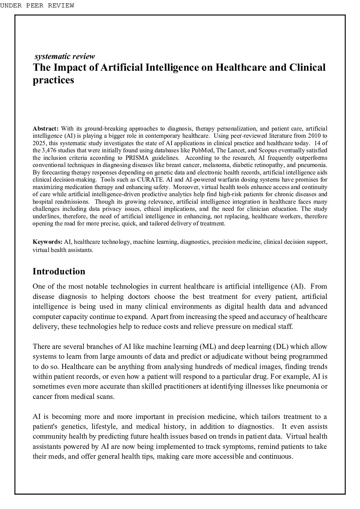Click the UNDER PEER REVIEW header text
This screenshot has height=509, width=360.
tap(37, 5)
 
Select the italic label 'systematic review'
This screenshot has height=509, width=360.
tap(65, 56)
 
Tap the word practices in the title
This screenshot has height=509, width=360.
tap(53, 80)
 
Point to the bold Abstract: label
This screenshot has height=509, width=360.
tap(46, 129)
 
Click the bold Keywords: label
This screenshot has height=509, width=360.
tap(47, 242)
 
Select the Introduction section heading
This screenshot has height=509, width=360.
tap(59, 271)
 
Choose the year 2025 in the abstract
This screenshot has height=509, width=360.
tap(39, 143)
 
